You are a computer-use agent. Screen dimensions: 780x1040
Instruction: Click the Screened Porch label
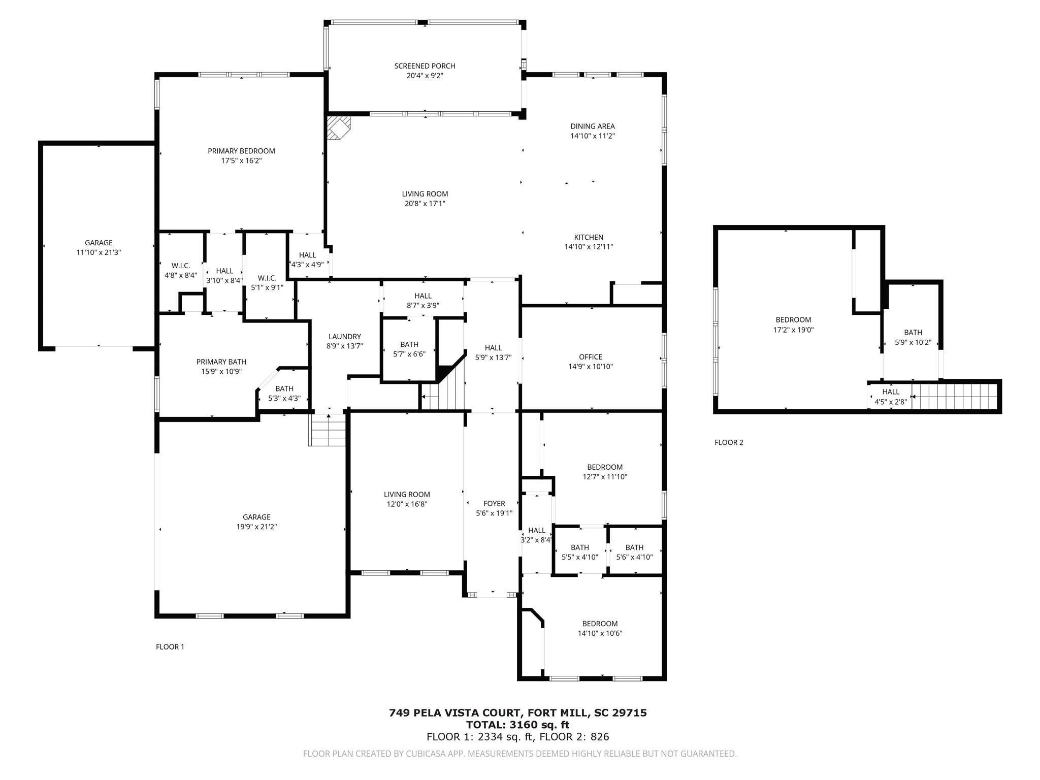pyautogui.click(x=425, y=66)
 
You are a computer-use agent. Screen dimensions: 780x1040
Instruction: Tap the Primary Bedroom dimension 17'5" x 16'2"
pyautogui.click(x=241, y=161)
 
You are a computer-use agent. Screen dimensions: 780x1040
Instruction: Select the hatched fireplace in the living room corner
pyautogui.click(x=337, y=126)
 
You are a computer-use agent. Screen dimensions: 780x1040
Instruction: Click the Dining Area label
pyautogui.click(x=592, y=126)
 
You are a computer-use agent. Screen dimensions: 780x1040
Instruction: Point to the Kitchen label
pyautogui.click(x=589, y=237)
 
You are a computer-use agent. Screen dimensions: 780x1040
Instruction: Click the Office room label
pyautogui.click(x=590, y=357)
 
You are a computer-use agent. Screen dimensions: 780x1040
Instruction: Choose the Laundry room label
pyautogui.click(x=344, y=337)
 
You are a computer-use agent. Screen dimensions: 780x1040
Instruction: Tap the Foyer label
pyautogui.click(x=494, y=504)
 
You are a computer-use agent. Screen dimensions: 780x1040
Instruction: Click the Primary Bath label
pyautogui.click(x=221, y=362)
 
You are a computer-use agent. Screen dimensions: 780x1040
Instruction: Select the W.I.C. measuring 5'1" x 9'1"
pyautogui.click(x=267, y=283)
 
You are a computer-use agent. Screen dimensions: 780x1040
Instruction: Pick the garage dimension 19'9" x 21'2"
pyautogui.click(x=256, y=527)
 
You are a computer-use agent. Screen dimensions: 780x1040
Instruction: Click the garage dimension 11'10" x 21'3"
pyautogui.click(x=99, y=252)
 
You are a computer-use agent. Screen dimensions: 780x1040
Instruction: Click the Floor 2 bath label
pyautogui.click(x=913, y=333)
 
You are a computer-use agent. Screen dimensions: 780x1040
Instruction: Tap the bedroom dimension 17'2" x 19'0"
pyautogui.click(x=793, y=330)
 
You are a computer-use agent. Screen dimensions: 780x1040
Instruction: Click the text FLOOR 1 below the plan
pyautogui.click(x=170, y=646)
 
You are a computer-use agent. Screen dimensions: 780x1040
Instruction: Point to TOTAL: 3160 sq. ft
pyautogui.click(x=517, y=725)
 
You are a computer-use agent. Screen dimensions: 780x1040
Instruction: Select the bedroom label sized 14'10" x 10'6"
pyautogui.click(x=600, y=624)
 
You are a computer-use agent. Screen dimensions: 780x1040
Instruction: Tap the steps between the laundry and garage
pyautogui.click(x=328, y=430)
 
